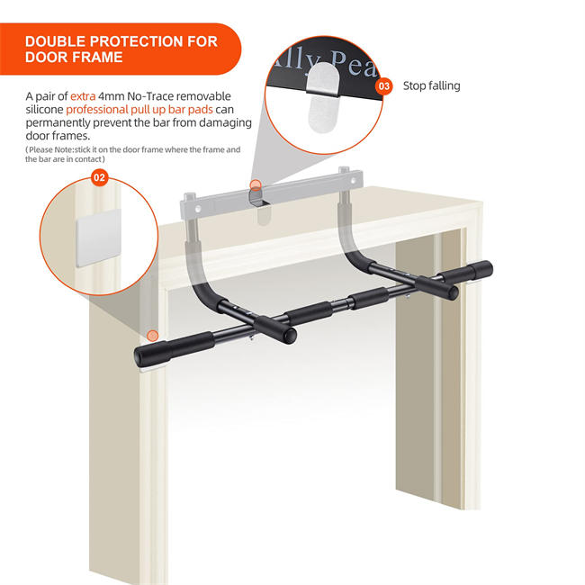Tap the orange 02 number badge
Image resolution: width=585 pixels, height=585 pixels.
point(100,178)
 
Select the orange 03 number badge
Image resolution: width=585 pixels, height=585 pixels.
point(384,86)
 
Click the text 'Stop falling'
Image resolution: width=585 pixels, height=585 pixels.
point(431,86)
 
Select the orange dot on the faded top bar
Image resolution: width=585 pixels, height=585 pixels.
point(255,185)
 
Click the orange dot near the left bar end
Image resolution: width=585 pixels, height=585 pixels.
point(152,336)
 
